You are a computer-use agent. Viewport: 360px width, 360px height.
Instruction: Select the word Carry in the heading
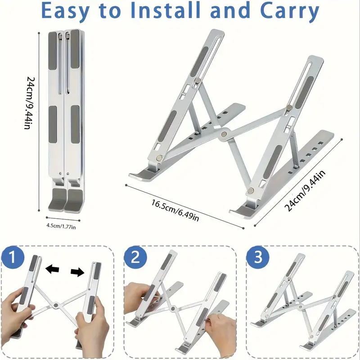(x=289, y=12)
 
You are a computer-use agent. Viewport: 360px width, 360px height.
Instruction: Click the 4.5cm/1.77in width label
(x=61, y=226)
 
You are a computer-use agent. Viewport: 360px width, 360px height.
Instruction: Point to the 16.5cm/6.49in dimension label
(x=175, y=210)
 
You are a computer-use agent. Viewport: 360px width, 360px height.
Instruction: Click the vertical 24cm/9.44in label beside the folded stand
(x=30, y=103)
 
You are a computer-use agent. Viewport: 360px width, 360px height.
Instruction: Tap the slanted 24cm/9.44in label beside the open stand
(x=305, y=191)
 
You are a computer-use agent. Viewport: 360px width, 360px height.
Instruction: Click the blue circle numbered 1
(x=13, y=257)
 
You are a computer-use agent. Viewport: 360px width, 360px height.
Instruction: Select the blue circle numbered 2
(x=135, y=257)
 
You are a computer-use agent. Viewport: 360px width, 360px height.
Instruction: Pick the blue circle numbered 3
(x=257, y=257)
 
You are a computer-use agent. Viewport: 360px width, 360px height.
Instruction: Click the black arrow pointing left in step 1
(x=52, y=269)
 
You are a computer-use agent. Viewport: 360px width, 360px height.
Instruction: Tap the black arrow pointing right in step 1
(x=77, y=272)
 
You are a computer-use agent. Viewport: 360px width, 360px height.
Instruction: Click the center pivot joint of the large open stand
(x=224, y=133)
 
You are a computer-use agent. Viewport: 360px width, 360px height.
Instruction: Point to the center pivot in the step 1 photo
(x=55, y=305)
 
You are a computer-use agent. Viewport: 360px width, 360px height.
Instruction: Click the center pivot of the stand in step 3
(x=300, y=306)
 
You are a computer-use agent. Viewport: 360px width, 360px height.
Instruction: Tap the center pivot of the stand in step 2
(x=173, y=308)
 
